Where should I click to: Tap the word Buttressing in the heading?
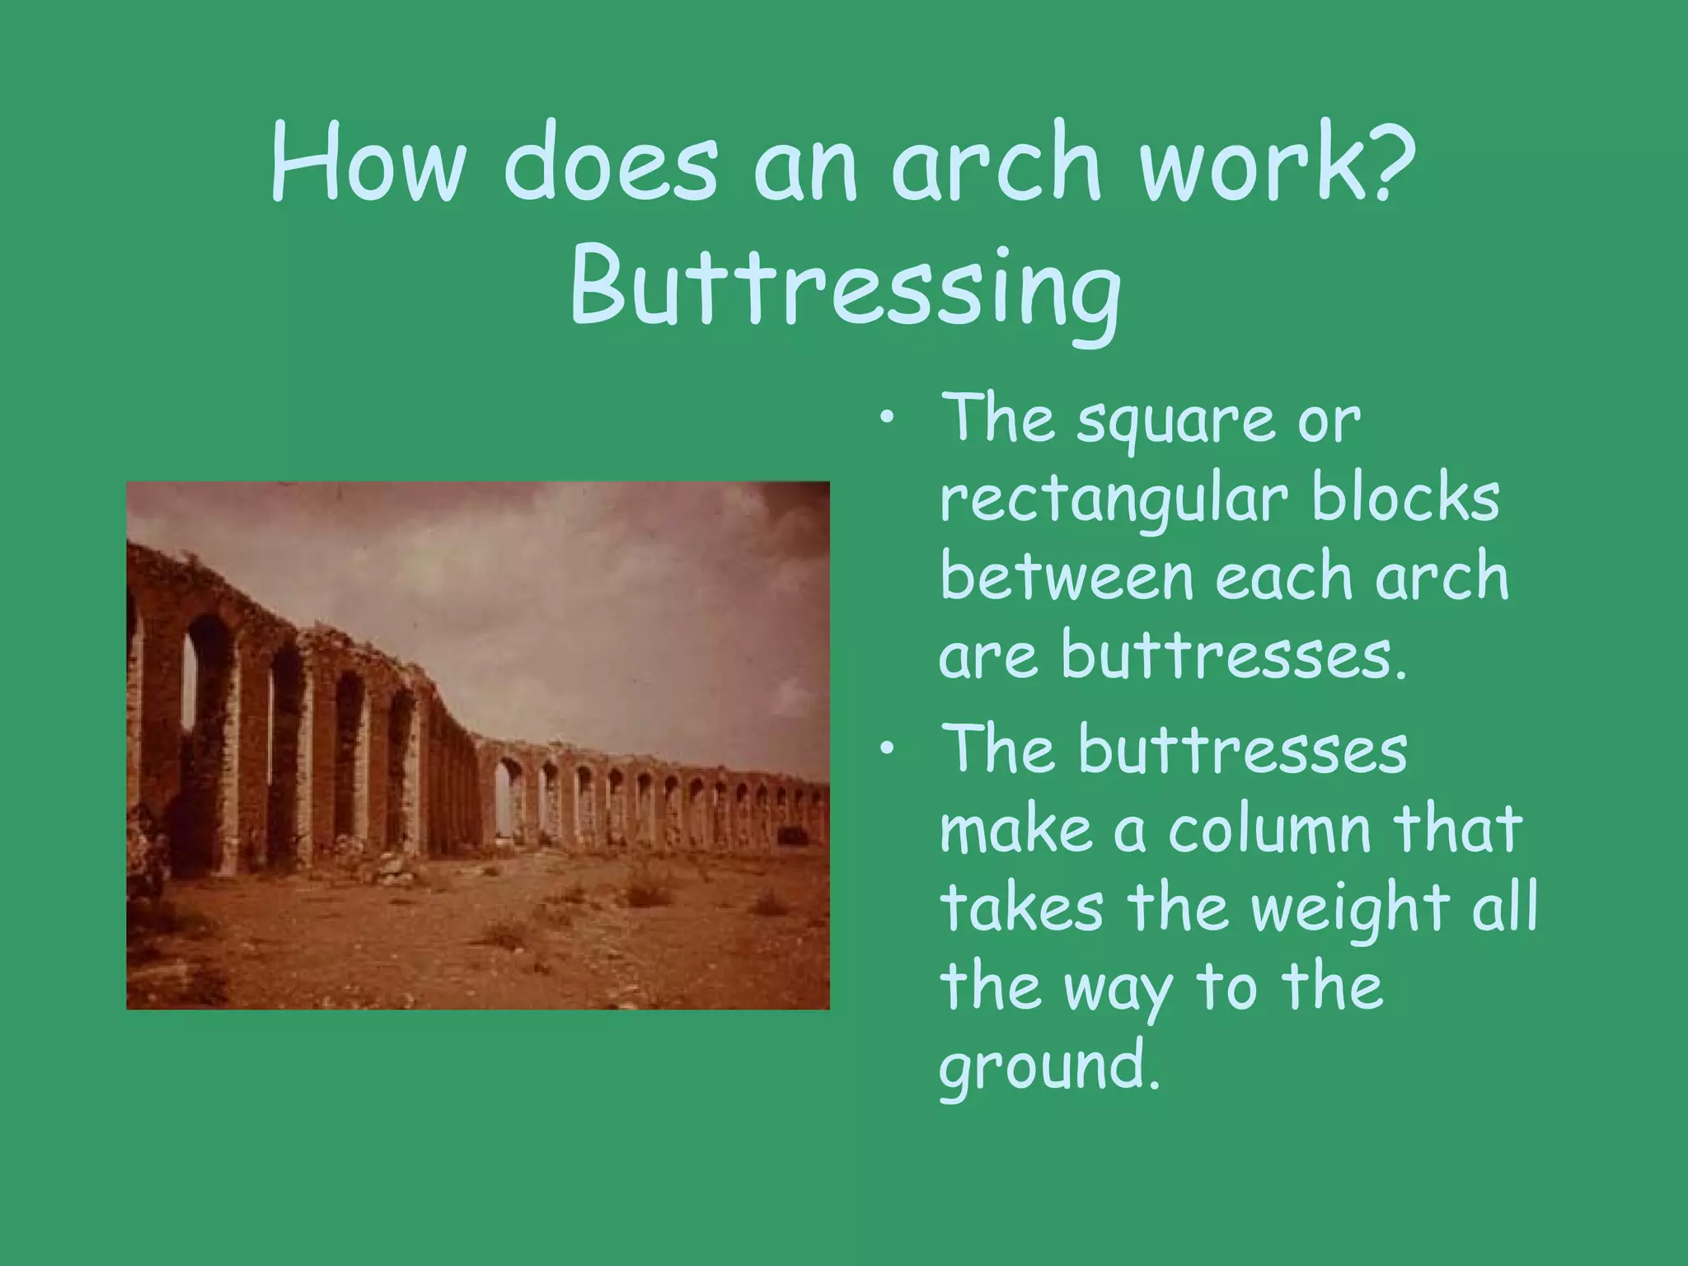[x=845, y=289]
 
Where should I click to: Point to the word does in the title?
[x=611, y=162]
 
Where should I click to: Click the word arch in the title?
[x=997, y=162]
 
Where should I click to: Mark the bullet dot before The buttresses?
[x=886, y=748]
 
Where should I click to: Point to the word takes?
[x=1021, y=908]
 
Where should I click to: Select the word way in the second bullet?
[x=1118, y=989]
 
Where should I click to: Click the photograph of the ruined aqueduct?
[x=478, y=745]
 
